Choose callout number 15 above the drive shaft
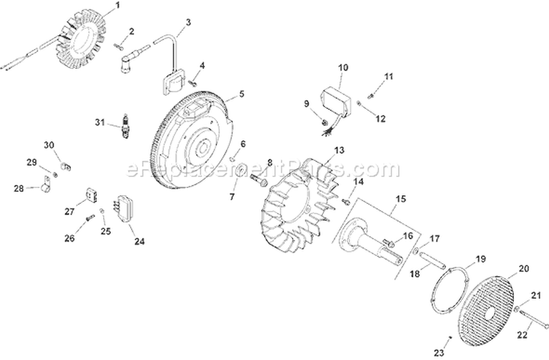click(x=400, y=198)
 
